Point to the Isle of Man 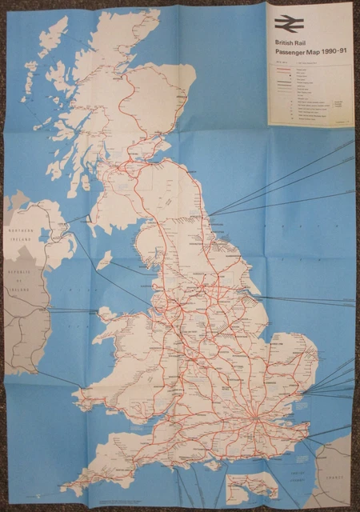point(104,260)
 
